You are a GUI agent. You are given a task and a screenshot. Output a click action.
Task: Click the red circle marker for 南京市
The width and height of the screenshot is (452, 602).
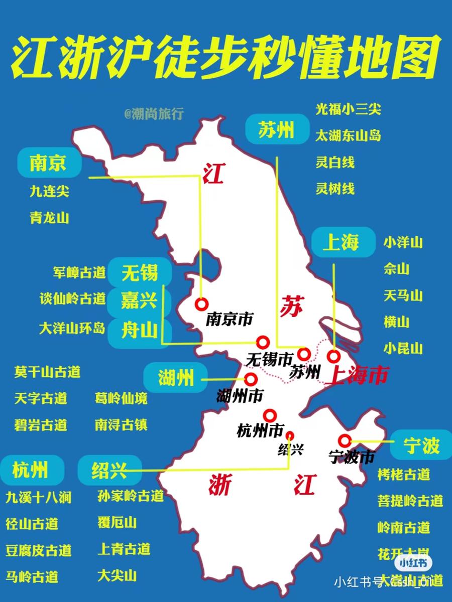[202, 304]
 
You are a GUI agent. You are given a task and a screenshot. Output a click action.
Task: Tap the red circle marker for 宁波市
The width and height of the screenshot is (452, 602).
[345, 440]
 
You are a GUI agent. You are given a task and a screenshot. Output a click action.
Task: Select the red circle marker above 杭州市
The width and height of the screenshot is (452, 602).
[270, 415]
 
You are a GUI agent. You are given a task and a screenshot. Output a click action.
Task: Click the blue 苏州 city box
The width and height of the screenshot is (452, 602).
[276, 130]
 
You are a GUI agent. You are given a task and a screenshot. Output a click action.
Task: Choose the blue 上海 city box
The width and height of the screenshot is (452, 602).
[343, 243]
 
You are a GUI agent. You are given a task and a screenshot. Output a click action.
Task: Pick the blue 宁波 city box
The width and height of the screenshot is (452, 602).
[421, 445]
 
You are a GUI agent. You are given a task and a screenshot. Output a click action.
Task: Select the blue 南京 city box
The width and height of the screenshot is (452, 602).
[49, 163]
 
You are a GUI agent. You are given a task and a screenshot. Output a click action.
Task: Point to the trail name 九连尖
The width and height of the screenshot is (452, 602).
[49, 191]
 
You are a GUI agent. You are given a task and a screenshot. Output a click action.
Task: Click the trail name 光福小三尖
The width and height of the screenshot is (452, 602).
[348, 109]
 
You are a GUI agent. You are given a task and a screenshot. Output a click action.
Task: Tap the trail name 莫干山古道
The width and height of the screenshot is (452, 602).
[47, 372]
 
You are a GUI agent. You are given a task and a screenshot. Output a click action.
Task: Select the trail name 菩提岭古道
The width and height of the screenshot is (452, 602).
[410, 500]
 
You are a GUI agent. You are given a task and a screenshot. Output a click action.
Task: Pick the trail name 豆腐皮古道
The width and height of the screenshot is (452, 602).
[38, 550]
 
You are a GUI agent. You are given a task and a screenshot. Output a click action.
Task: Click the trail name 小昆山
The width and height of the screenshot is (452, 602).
[403, 348]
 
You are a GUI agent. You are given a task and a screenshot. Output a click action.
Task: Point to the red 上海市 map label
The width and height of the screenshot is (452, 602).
[356, 376]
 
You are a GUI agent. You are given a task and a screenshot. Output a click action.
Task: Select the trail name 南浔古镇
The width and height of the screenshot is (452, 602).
[121, 425]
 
